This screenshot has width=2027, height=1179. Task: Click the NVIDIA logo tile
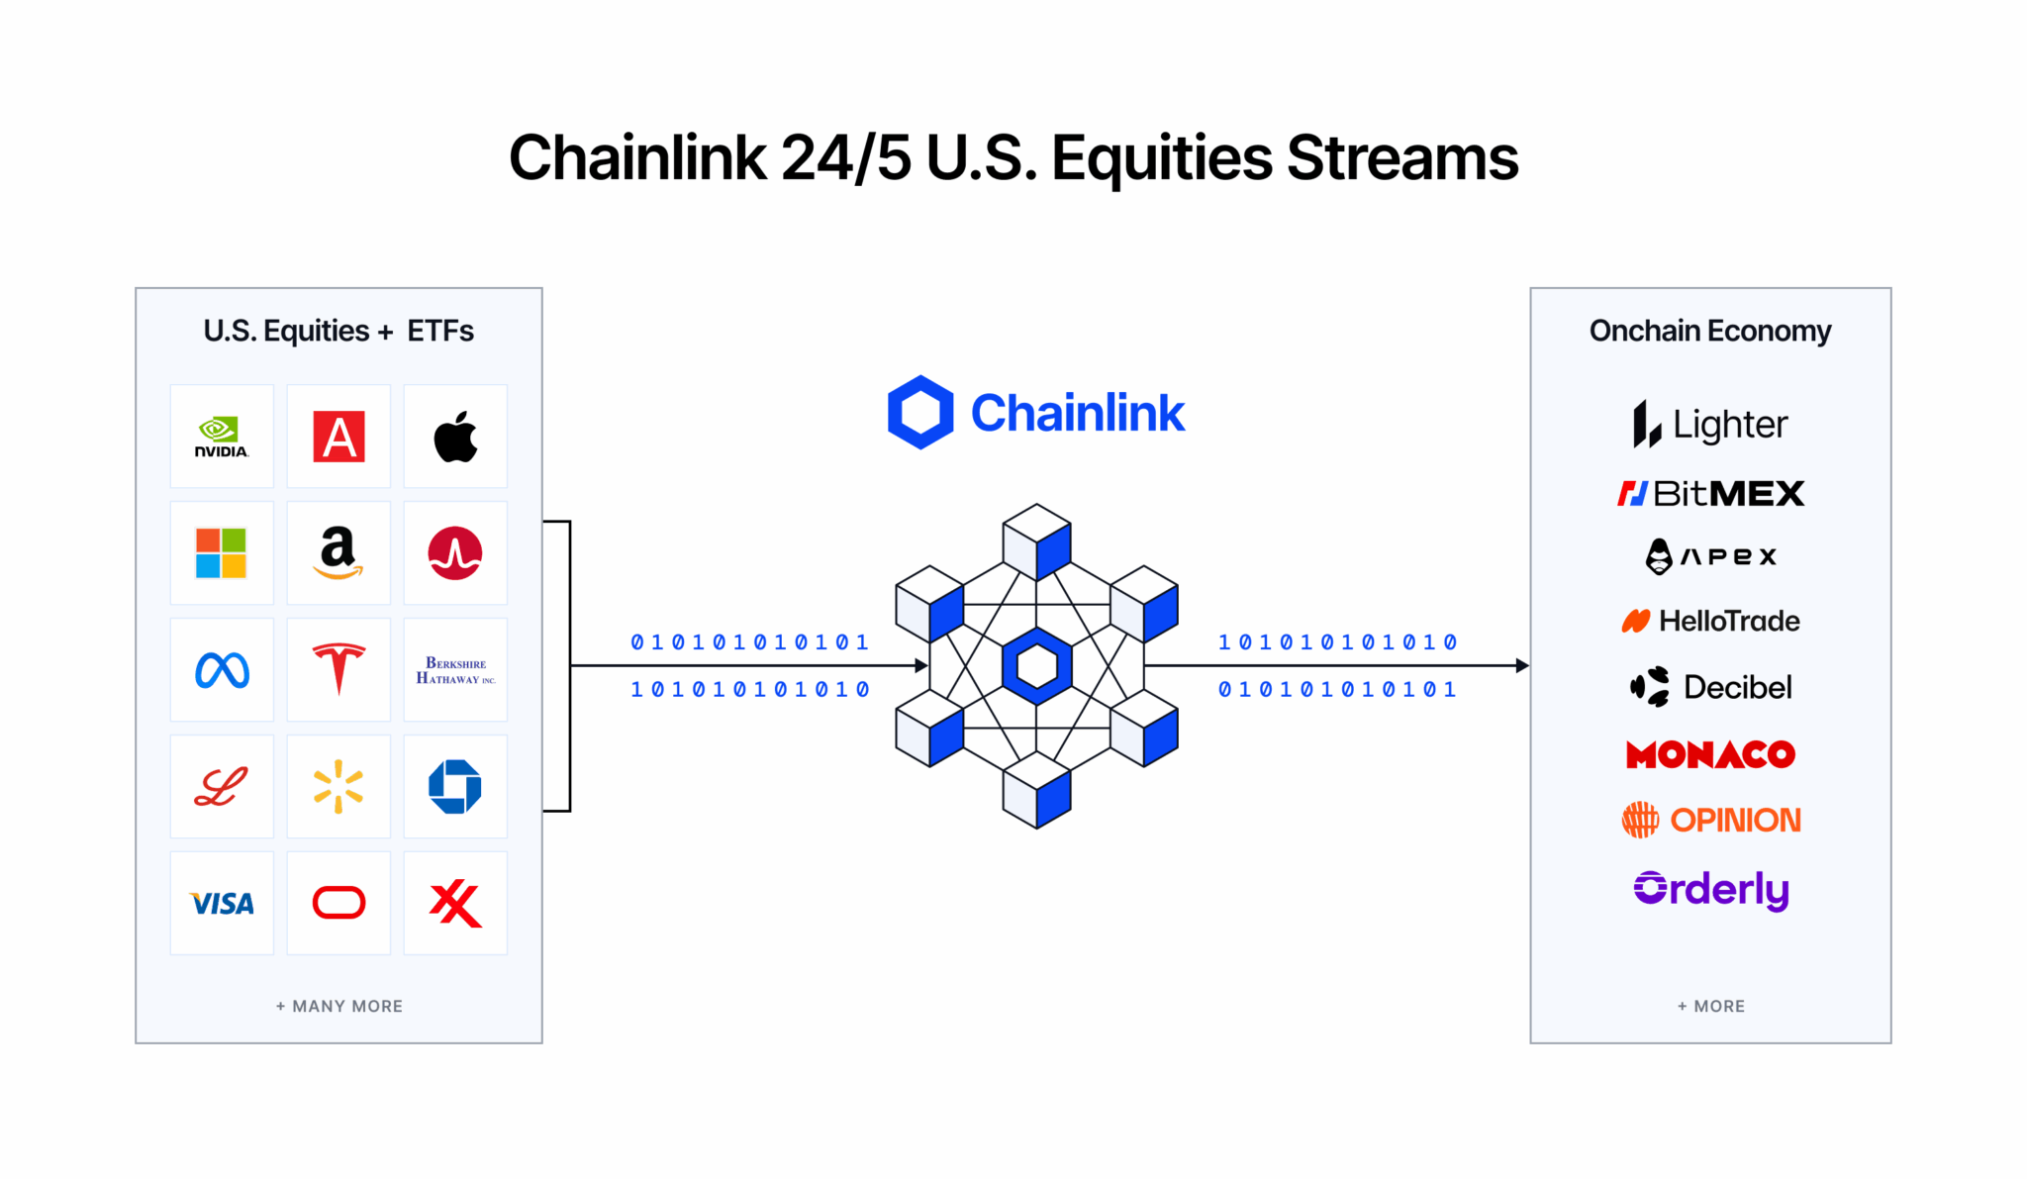222,437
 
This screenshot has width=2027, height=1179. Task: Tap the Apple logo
455,437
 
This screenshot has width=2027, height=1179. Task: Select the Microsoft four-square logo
222,552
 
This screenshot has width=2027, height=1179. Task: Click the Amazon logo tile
338,552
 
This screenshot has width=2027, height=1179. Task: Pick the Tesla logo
338,669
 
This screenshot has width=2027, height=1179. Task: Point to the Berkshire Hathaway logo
455,670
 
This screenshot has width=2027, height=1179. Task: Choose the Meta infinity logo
222,670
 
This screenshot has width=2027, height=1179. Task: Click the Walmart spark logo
338,786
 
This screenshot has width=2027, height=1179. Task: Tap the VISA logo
222,903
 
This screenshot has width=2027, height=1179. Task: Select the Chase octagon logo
455,786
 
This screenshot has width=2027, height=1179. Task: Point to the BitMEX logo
1710,493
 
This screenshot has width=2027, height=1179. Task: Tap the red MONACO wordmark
1710,754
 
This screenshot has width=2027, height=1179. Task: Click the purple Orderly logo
1710,889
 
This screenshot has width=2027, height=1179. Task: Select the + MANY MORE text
338,1006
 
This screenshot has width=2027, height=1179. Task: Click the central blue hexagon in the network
1036,666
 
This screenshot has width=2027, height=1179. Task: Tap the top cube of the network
1036,540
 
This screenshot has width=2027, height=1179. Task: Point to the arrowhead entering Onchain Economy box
1522,665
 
